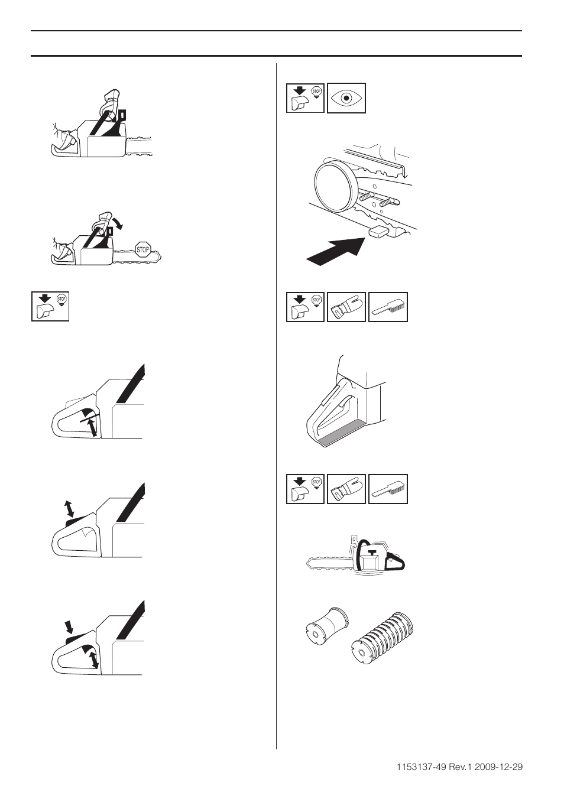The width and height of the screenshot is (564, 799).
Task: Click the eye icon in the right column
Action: (346, 98)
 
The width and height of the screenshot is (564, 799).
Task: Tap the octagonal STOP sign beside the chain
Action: (142, 249)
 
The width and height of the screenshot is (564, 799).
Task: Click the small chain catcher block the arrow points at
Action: (381, 231)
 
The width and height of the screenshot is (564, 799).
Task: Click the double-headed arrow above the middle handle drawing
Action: (69, 508)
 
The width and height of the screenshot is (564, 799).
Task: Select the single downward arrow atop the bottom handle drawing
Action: (69, 626)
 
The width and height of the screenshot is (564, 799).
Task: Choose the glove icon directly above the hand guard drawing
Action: (346, 307)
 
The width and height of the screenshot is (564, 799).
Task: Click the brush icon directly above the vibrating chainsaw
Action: (388, 489)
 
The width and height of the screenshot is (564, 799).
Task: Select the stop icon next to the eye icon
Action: (305, 98)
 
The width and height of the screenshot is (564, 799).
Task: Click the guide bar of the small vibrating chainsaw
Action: (328, 561)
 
